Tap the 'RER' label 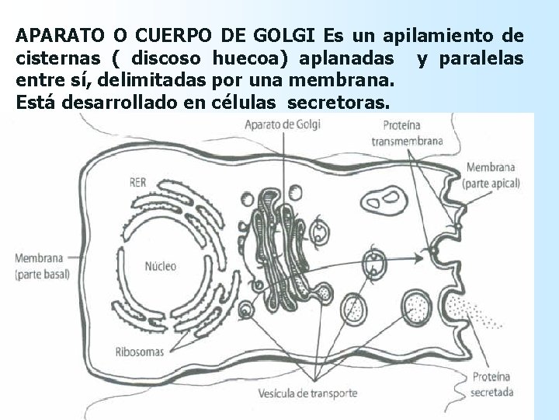(x=137, y=183)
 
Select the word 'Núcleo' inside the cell (x=161, y=266)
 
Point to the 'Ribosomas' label (x=139, y=352)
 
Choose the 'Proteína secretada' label (x=493, y=384)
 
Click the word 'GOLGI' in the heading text (x=290, y=36)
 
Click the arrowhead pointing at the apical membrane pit (x=430, y=251)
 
